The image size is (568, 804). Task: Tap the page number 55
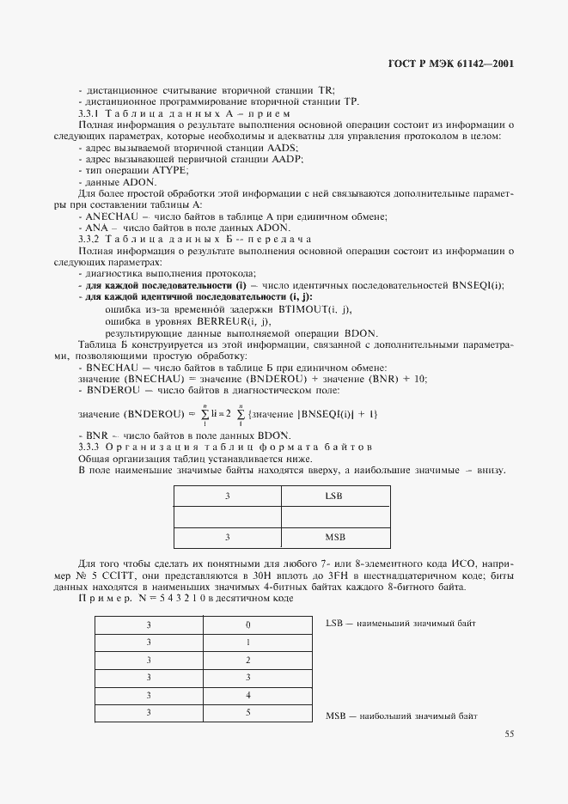[510, 734]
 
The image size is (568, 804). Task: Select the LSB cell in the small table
[335, 496]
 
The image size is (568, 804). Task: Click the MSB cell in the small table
[335, 537]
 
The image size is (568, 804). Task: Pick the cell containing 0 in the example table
[248, 624]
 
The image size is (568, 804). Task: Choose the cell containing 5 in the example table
[248, 712]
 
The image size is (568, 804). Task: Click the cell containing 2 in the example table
[248, 660]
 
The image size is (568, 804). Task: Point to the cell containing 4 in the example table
[248, 695]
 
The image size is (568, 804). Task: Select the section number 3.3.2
[90, 239]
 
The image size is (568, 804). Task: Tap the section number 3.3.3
[90, 448]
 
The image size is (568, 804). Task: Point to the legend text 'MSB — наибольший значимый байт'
[401, 716]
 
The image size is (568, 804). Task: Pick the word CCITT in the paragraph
[122, 575]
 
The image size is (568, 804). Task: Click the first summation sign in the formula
[205, 415]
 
